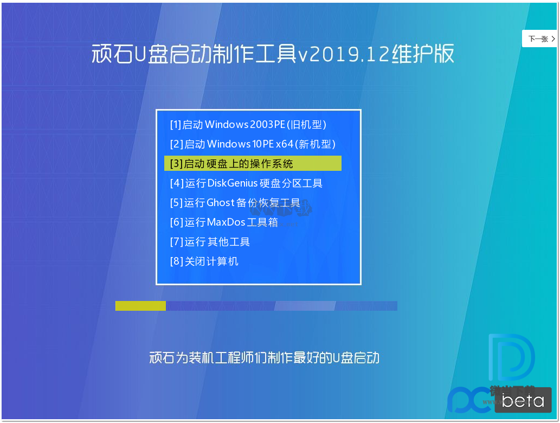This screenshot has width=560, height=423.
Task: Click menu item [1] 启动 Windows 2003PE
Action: (x=248, y=125)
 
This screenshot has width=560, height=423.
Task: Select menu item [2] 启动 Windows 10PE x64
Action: (x=253, y=144)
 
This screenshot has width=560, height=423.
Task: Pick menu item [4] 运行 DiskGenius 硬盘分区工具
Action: (x=246, y=183)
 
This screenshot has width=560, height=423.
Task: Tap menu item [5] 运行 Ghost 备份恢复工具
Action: (x=235, y=203)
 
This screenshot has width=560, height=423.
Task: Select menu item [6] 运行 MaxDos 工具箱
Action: (x=224, y=222)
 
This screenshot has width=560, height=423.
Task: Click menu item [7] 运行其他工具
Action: (x=210, y=242)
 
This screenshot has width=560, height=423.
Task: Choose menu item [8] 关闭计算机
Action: (x=204, y=261)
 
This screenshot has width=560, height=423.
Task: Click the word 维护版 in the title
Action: (x=423, y=54)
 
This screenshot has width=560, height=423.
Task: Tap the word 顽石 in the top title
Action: (x=111, y=54)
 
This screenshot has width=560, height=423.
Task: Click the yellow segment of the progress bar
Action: (x=140, y=306)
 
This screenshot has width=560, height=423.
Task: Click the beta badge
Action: (x=522, y=401)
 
